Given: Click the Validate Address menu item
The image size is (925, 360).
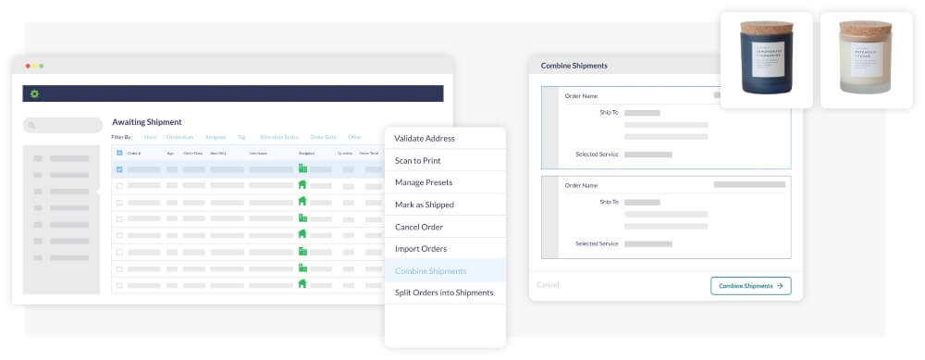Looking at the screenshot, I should (425, 139).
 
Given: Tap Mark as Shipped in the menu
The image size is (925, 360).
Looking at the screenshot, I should (425, 205).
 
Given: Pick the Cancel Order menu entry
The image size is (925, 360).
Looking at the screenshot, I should (419, 227).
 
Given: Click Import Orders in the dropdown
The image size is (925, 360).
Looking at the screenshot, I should (421, 249).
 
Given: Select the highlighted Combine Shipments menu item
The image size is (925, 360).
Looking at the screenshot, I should (430, 271).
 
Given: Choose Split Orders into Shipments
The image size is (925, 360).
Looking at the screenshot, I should (444, 292).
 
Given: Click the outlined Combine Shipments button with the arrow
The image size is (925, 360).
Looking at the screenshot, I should (750, 286).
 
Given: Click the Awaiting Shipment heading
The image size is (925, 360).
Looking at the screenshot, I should (147, 122).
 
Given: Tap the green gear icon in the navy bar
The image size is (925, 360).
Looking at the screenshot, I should (35, 93).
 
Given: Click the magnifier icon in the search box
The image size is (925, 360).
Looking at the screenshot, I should (31, 126).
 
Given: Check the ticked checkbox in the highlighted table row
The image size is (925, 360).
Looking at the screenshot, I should (119, 169).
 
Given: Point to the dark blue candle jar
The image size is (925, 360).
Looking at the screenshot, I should (766, 65).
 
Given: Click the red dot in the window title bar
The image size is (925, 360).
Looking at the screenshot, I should (28, 67).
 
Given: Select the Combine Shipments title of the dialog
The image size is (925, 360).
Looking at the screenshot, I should (573, 67).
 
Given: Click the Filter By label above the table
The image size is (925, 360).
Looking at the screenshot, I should (122, 137).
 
